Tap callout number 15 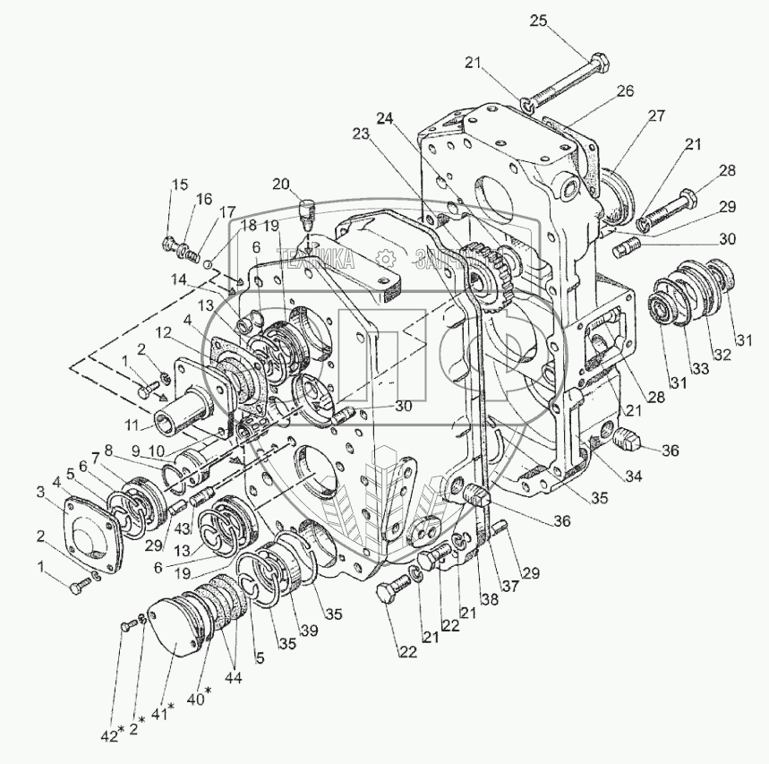[x=181, y=185]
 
